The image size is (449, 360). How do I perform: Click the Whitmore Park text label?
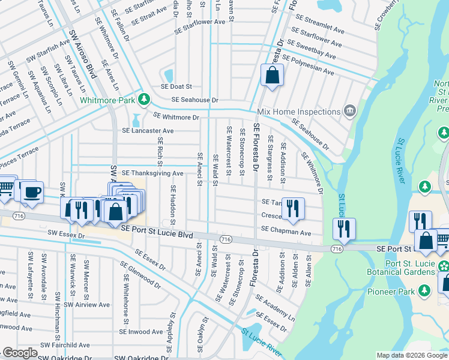click(x=109, y=100)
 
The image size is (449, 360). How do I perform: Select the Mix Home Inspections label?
click(x=298, y=112)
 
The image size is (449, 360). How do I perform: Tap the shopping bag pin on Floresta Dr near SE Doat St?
click(x=272, y=76)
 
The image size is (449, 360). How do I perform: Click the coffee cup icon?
click(x=32, y=192)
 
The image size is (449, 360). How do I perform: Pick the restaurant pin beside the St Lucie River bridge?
click(x=345, y=229)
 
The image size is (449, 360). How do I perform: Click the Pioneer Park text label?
click(x=394, y=291)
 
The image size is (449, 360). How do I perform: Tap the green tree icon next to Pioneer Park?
click(x=425, y=291)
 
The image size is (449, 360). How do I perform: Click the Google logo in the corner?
click(x=20, y=353)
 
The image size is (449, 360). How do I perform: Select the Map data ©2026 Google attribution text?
click(x=411, y=355)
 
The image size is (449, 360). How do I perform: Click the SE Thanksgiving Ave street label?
click(x=152, y=173)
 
